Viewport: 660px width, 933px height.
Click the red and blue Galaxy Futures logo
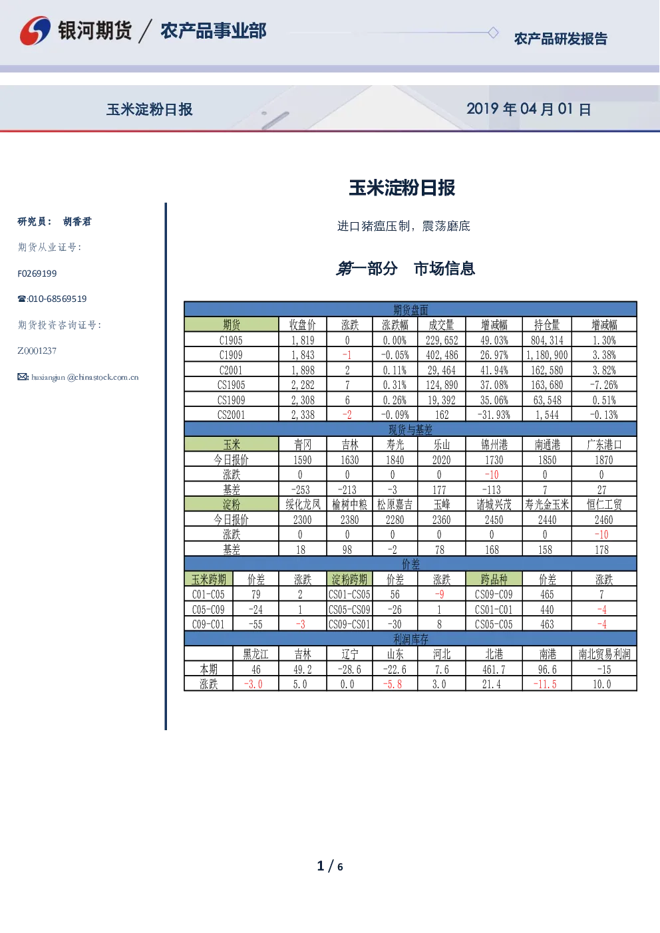coord(35,31)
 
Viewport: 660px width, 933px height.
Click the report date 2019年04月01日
coord(528,109)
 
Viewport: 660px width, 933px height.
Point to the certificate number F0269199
coord(37,273)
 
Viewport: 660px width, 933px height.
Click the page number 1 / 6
coord(330,866)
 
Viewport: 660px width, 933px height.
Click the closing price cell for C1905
coord(303,340)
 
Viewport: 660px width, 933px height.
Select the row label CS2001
coord(231,415)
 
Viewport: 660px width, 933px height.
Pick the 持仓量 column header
coord(547,325)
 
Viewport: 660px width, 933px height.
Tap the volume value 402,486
coord(442,355)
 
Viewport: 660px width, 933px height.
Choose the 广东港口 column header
coord(603,445)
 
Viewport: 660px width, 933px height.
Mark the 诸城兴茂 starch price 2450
coord(494,520)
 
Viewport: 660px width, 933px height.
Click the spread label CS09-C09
coord(494,595)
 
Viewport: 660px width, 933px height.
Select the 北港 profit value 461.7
coord(494,670)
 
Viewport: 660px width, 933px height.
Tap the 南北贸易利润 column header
coord(604,654)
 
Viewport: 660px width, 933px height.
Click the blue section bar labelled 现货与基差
coord(411,430)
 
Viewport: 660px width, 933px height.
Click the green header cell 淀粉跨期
coord(349,579)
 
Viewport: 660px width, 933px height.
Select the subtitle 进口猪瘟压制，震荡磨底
coord(403,226)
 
